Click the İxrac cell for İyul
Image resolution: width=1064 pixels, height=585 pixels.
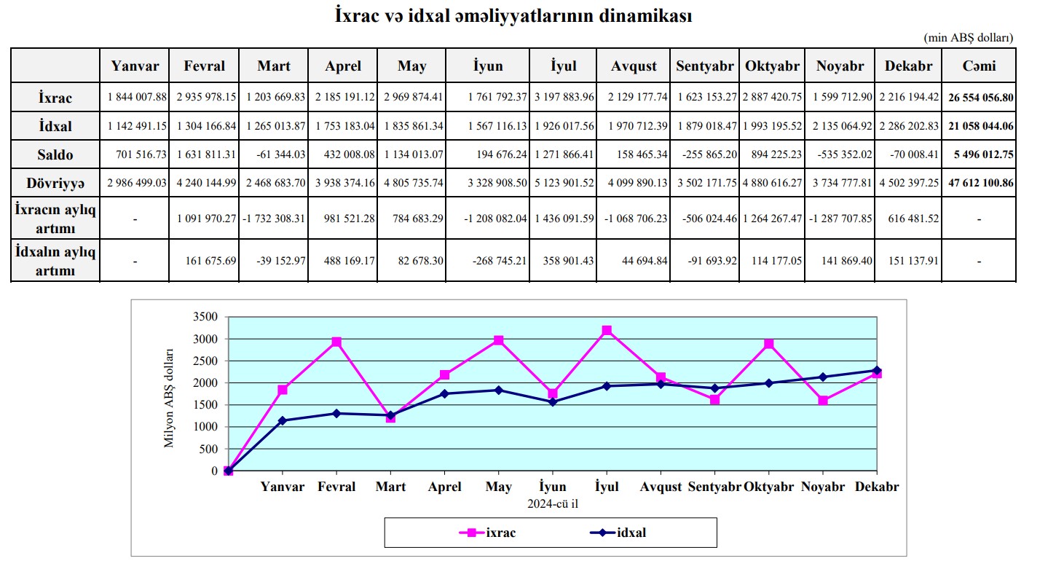[563, 97]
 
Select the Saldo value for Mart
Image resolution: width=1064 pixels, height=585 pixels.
[277, 155]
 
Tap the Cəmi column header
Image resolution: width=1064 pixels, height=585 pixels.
[979, 66]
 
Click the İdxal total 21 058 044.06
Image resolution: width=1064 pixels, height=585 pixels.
[980, 126]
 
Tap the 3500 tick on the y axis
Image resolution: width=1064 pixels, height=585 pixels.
[205, 317]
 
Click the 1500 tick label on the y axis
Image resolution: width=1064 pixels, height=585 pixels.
[205, 405]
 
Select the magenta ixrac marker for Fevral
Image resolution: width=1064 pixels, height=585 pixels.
[336, 342]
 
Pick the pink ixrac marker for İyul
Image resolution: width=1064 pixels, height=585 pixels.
[607, 331]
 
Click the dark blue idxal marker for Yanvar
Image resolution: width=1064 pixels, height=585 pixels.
[283, 420]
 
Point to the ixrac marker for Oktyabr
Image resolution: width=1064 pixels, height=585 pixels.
[769, 344]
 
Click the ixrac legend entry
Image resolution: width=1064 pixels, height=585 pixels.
[488, 533]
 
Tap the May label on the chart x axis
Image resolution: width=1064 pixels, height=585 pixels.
[499, 487]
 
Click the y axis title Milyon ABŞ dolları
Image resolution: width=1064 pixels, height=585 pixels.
[169, 397]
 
